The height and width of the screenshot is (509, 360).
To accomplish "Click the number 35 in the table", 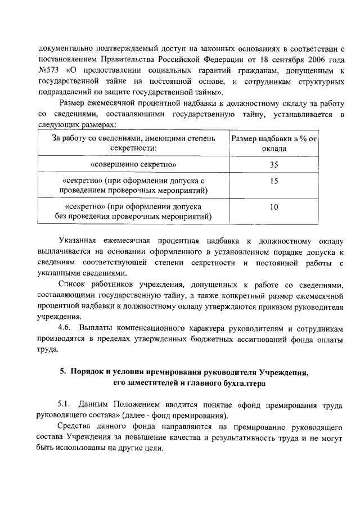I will [x=274, y=165].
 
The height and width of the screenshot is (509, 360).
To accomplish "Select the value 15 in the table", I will [x=274, y=181].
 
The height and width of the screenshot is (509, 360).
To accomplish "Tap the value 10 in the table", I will [x=274, y=207].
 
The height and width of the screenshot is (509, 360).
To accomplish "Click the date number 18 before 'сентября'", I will [x=258, y=59].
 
